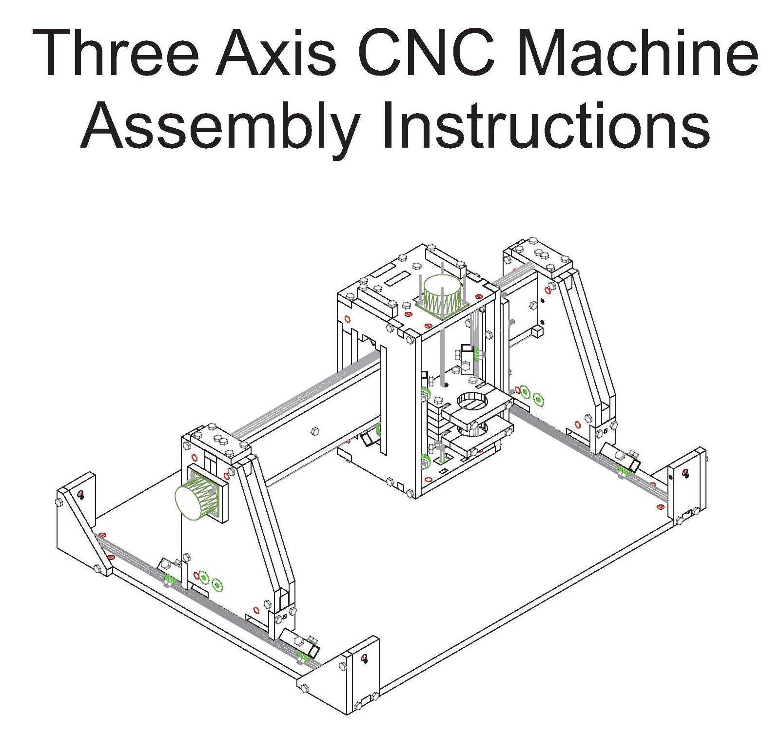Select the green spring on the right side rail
tap(623, 470)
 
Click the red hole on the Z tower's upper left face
tap(347, 319)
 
